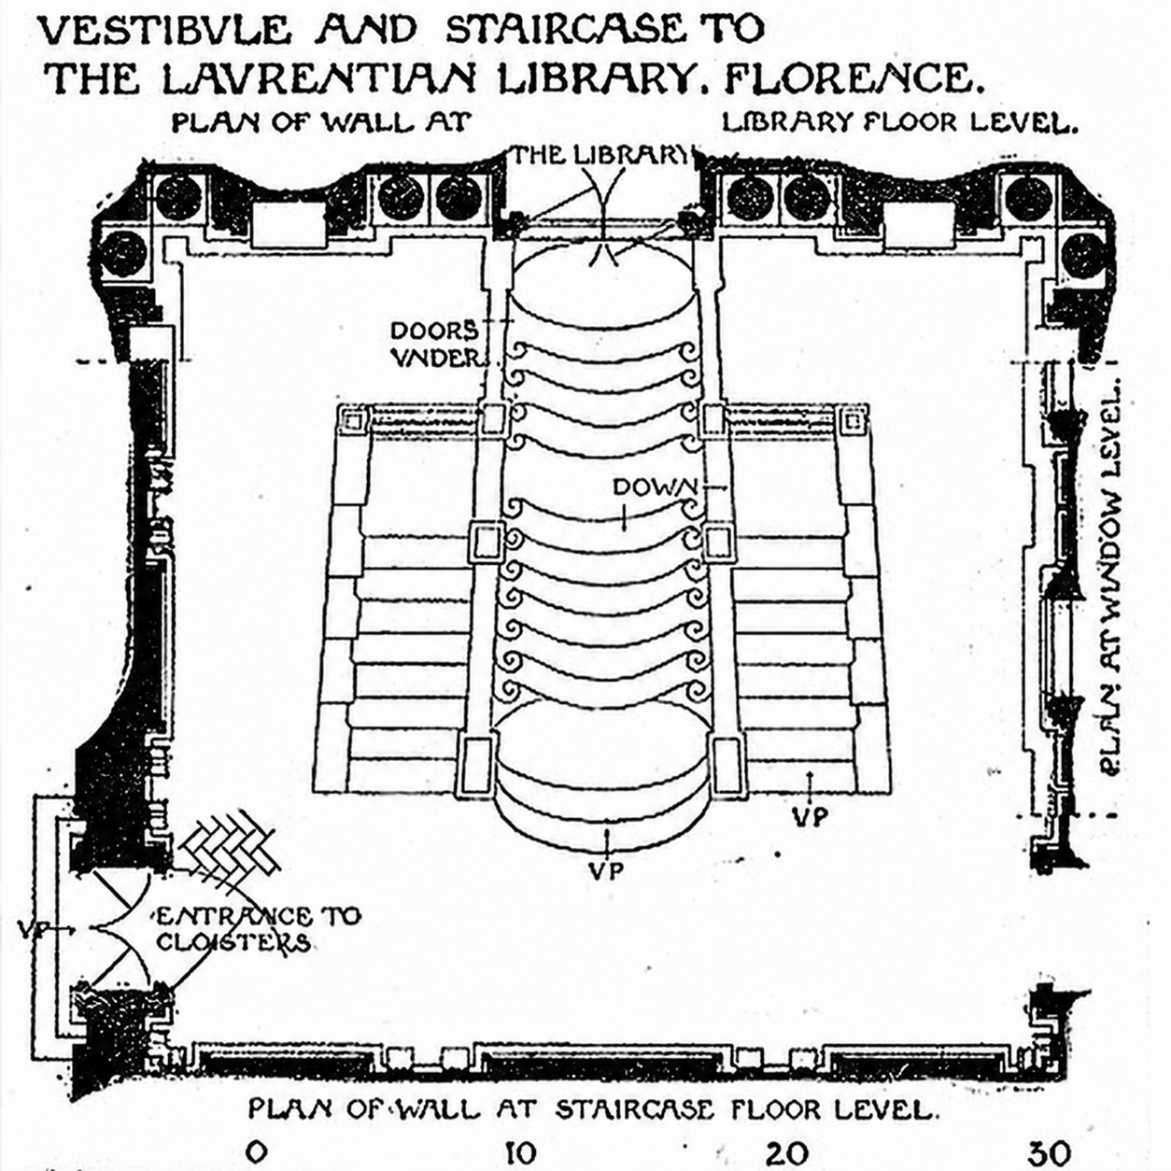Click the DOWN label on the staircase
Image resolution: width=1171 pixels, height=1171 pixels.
click(656, 487)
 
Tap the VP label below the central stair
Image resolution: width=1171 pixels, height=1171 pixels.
click(607, 871)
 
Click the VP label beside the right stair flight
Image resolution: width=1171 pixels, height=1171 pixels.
click(811, 817)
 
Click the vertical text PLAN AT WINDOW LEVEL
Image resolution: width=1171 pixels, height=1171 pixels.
click(1110, 579)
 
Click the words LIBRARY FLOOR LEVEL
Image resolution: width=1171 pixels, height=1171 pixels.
click(899, 124)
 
